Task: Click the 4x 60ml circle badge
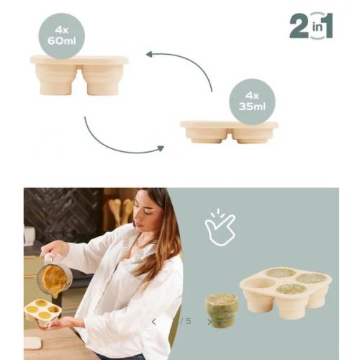click(62, 36)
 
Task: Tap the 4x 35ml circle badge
click(252, 102)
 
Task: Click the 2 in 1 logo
click(311, 26)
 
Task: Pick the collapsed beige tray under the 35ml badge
click(229, 132)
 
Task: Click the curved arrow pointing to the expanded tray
click(189, 62)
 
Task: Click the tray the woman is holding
click(42, 312)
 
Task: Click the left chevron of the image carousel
click(154, 321)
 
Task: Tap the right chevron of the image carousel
click(210, 322)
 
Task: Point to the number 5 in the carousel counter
click(189, 321)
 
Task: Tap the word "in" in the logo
click(318, 27)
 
